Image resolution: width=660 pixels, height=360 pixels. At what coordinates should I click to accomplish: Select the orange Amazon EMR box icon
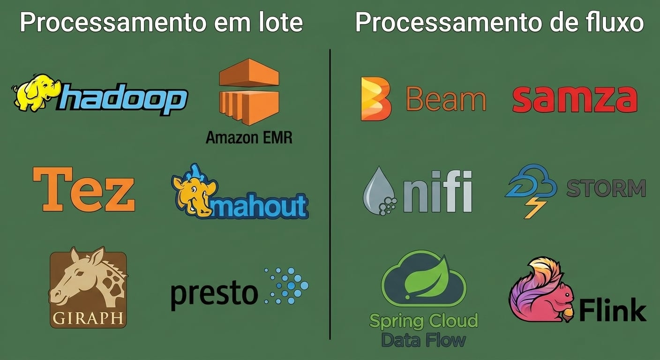(249, 92)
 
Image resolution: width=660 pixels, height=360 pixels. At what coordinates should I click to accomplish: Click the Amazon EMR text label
(249, 137)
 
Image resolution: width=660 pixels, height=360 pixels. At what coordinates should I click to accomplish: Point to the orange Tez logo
(84, 189)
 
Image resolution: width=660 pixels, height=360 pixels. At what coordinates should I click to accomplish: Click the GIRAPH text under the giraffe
(88, 318)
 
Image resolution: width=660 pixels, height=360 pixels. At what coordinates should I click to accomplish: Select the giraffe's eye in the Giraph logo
(79, 273)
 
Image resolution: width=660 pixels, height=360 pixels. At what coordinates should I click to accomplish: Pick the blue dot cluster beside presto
(286, 285)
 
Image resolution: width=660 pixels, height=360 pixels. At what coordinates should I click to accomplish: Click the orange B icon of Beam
(376, 99)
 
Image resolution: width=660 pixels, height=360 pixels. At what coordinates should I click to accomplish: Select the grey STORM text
(606, 188)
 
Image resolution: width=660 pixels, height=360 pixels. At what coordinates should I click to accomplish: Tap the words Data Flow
(424, 340)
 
